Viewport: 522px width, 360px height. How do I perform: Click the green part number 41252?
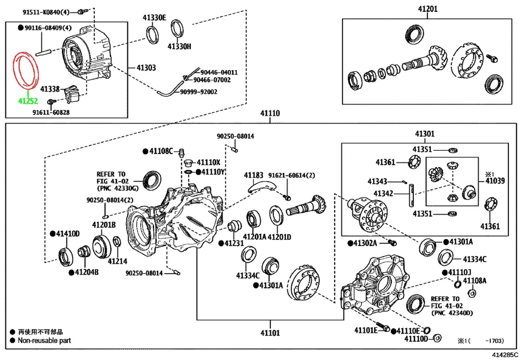28,101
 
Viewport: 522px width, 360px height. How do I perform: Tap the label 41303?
146,68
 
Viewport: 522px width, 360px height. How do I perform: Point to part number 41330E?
154,18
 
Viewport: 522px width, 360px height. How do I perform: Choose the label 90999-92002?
199,92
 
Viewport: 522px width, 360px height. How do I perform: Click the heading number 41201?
428,9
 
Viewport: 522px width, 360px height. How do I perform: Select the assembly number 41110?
270,113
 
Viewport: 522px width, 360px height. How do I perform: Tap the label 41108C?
161,151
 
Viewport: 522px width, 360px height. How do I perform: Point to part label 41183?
253,175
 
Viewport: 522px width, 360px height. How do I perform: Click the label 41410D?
68,233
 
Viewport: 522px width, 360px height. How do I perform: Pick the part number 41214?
117,261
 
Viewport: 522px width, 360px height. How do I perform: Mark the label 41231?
234,243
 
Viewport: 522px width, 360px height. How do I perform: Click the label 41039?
495,181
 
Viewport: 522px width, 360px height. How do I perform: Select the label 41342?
383,193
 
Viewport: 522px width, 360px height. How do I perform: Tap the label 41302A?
365,243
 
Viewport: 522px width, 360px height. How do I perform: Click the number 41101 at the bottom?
270,333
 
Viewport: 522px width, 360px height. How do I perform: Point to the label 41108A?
475,281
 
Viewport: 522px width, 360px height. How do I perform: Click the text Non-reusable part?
44,340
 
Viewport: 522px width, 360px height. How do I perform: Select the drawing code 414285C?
505,355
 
